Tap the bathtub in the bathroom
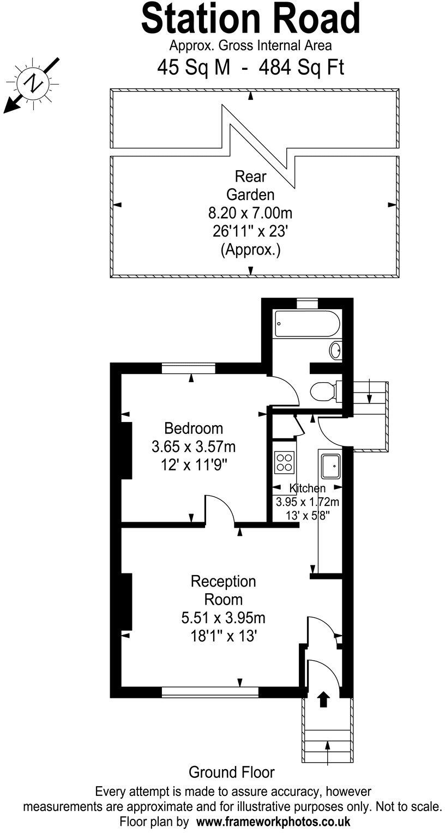coord(307,324)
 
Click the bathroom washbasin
coord(336,350)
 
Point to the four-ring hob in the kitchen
coord(284,462)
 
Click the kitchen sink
coord(331,464)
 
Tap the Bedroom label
coord(194,427)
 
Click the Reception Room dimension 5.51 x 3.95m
coord(223,618)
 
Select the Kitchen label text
coord(307,488)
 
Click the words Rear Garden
coord(251,185)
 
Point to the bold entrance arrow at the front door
coord(323,699)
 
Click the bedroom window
coord(189,369)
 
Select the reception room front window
coord(210,692)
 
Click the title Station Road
coord(250,19)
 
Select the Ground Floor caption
coord(231,772)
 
